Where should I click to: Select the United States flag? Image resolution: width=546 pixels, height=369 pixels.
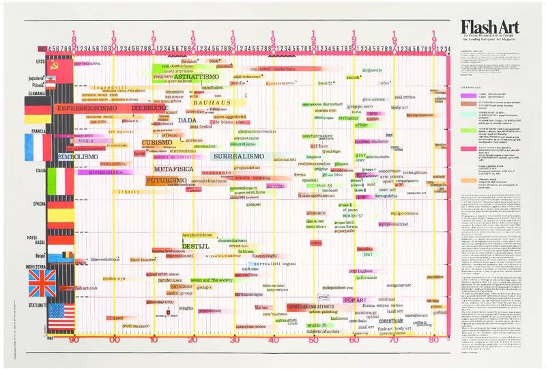point(61,316)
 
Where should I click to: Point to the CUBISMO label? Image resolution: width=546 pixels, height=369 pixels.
point(156,143)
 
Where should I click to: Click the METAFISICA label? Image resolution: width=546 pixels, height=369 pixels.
point(174,168)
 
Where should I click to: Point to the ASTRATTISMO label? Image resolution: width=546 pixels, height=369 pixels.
point(196,77)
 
